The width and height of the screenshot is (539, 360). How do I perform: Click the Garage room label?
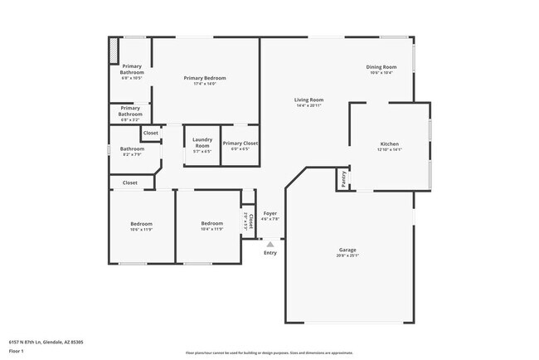[x=347, y=250]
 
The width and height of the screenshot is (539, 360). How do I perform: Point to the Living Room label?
[x=308, y=100]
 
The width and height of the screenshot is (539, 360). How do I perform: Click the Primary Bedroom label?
[x=205, y=78]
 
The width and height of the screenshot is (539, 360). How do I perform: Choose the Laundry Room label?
[x=202, y=144]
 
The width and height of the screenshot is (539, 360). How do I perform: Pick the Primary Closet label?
[x=240, y=144]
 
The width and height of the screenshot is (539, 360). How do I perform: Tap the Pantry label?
[x=343, y=179]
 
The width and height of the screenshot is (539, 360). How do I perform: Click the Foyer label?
[x=270, y=213]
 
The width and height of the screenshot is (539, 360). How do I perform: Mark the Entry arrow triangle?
[x=269, y=244]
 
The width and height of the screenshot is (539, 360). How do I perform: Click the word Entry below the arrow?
[x=270, y=252]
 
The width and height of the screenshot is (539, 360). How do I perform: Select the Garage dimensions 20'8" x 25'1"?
[x=347, y=255]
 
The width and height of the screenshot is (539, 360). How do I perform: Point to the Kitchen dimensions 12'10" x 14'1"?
[x=389, y=150]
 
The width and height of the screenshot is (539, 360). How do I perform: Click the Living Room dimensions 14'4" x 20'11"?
[x=308, y=106]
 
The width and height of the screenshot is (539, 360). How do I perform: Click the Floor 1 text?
[x=17, y=350]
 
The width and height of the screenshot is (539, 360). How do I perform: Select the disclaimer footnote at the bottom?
[x=269, y=352]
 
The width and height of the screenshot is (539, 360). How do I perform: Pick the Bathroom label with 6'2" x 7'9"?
[x=133, y=149]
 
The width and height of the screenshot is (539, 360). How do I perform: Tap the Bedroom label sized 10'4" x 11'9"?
[x=211, y=223]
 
